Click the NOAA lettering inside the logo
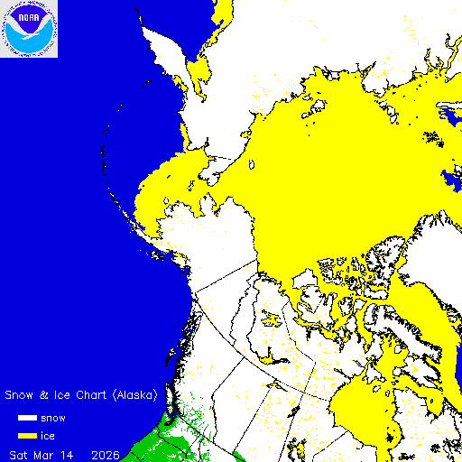coord(30,15)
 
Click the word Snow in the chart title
coord(23,395)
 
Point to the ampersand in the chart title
coord(47,395)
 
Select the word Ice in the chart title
coord(63,395)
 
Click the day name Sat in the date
coord(19,452)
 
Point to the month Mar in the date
coord(44,452)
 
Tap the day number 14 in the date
coord(69,452)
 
